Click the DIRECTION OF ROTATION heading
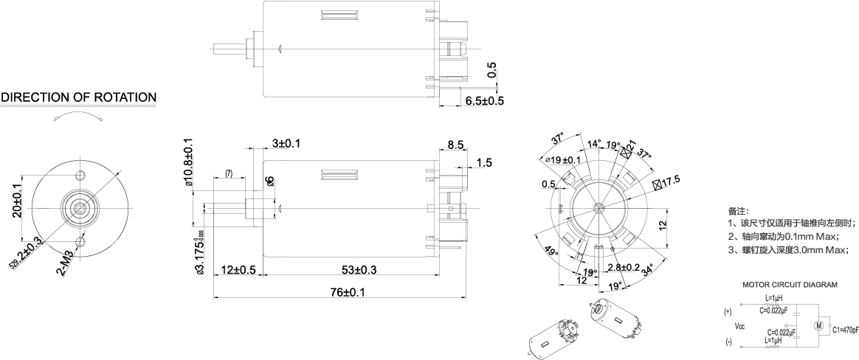(78, 97)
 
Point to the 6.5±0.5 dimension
(483, 100)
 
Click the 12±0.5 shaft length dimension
(238, 269)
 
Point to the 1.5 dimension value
(484, 162)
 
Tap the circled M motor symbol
(818, 325)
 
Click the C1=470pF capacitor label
(845, 330)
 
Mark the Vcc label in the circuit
(739, 325)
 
